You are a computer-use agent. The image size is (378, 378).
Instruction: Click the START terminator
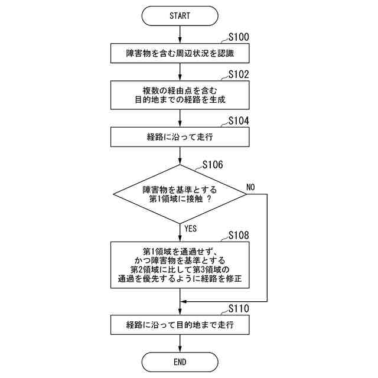click(180, 16)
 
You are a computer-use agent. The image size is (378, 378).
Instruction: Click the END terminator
click(180, 361)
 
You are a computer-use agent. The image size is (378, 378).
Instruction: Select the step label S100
click(238, 37)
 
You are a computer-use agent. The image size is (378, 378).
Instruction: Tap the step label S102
click(238, 74)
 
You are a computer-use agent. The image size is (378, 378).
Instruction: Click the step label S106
click(213, 165)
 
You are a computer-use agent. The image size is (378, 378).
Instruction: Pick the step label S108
click(238, 235)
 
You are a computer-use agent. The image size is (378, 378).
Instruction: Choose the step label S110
click(238, 308)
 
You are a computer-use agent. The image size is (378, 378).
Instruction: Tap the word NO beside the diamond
click(250, 187)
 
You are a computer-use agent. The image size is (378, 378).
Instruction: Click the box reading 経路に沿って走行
click(180, 137)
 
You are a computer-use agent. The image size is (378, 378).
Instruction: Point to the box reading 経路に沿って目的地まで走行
click(180, 324)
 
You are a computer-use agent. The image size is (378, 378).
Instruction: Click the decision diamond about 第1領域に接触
click(180, 194)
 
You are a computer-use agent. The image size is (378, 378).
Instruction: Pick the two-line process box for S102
click(180, 94)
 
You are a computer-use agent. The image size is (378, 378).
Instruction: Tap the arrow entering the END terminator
click(180, 343)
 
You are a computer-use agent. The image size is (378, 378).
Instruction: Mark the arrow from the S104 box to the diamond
click(180, 157)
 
